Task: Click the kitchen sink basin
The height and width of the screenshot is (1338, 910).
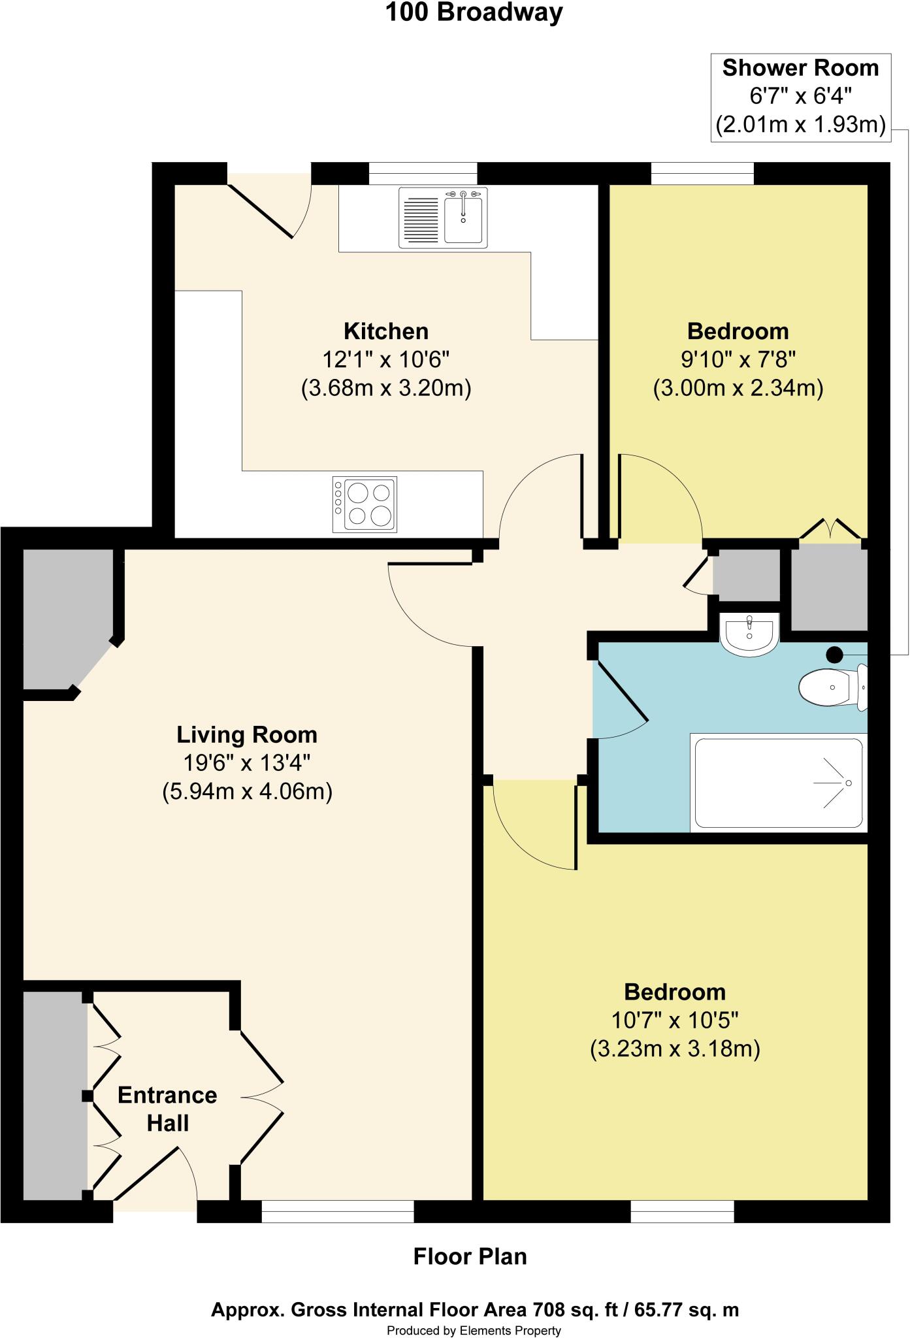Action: tap(463, 219)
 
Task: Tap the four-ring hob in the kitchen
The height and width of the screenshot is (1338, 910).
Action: tap(365, 504)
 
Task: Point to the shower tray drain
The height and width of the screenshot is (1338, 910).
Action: tap(848, 783)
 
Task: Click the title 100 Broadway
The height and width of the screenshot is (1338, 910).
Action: tap(474, 12)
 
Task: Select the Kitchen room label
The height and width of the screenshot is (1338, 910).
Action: tap(386, 331)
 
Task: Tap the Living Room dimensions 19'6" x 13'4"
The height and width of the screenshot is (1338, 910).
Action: tap(246, 763)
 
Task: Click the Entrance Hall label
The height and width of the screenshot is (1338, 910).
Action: tap(167, 1109)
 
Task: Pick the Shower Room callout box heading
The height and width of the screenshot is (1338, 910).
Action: tap(800, 68)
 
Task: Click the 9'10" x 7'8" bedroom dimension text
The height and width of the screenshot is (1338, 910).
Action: tap(738, 359)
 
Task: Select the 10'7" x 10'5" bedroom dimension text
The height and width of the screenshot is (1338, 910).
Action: tap(675, 1020)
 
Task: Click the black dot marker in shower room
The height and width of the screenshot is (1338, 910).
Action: tap(834, 654)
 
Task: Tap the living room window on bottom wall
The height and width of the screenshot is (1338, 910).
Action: tap(338, 1211)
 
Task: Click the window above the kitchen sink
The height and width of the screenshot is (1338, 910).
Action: tap(423, 173)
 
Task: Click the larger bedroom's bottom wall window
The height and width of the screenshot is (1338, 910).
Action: tap(682, 1211)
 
